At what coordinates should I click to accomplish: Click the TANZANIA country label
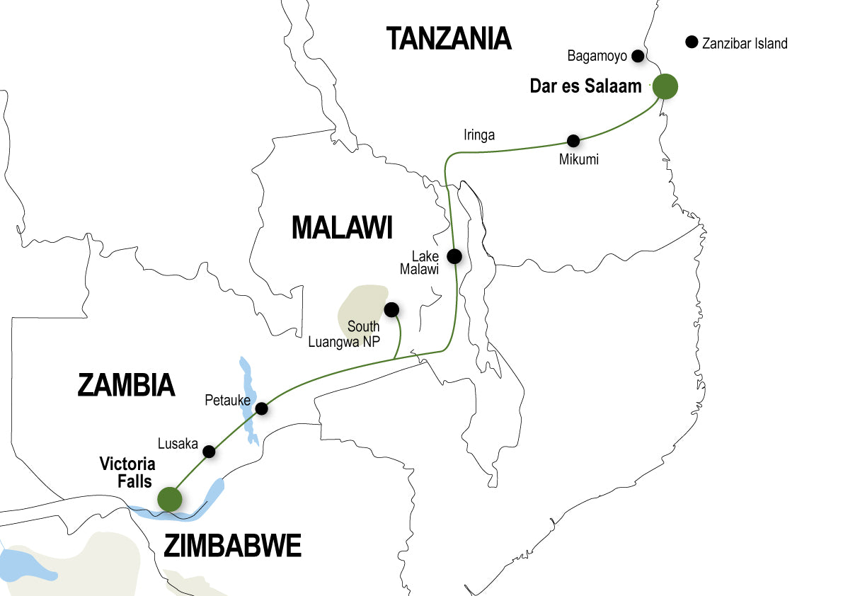[x=449, y=38]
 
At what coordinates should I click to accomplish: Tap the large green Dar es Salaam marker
[x=665, y=86]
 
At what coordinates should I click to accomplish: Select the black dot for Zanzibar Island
[x=692, y=42]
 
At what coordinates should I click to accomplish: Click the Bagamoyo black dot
[x=638, y=55]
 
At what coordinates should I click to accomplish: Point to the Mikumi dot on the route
[x=573, y=140]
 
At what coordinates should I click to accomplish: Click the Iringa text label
[x=479, y=135]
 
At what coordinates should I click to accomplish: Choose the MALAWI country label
[x=342, y=228]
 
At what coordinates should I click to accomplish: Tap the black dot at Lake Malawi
[x=454, y=256]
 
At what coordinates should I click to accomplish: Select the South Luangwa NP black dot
[x=391, y=309]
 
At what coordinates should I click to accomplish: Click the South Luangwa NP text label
[x=345, y=335]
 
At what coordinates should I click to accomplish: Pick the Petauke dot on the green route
[x=261, y=408]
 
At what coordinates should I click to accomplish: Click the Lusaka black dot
[x=209, y=451]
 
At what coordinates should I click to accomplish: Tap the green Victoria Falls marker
[x=169, y=498]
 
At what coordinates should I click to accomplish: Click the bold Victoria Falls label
[x=126, y=473]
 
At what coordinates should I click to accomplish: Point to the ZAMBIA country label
[x=125, y=385]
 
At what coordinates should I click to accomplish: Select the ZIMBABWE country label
[x=233, y=546]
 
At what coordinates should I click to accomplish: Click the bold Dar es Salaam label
[x=585, y=87]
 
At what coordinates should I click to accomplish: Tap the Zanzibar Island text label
[x=745, y=43]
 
